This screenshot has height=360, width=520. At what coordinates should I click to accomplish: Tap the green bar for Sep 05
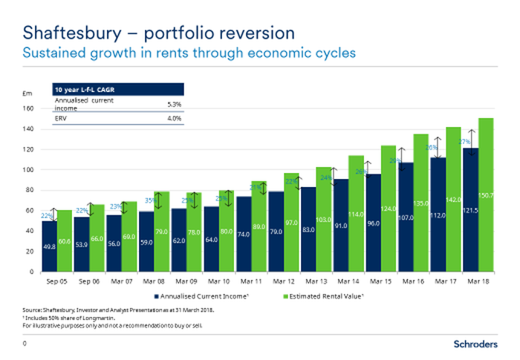[x=65, y=240]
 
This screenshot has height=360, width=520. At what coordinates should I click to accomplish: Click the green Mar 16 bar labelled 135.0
[x=421, y=203]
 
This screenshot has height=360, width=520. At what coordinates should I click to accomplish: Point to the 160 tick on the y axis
[x=29, y=108]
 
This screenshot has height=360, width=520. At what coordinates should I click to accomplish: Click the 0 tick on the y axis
[x=33, y=272]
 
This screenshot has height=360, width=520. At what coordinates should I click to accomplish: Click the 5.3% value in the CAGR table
[x=175, y=105]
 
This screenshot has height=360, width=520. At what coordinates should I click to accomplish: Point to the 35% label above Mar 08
[x=149, y=200]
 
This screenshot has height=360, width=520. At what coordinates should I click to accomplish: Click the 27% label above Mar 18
[x=464, y=142]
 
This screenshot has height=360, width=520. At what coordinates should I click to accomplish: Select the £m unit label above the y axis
[x=27, y=94]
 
